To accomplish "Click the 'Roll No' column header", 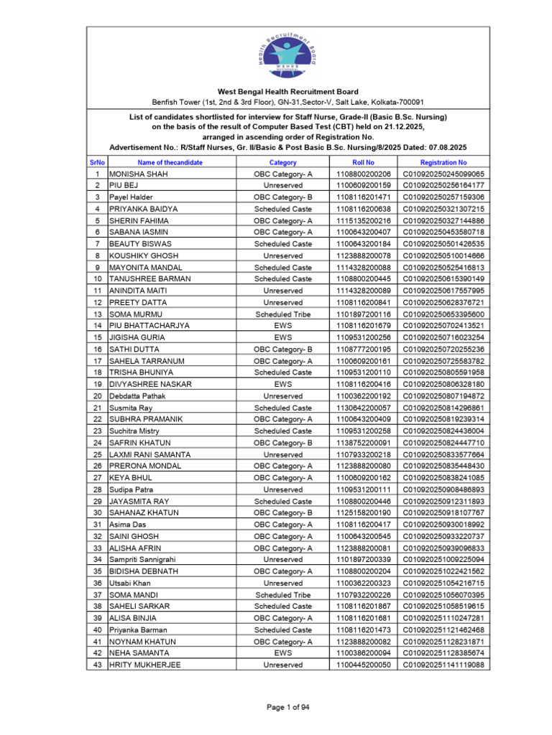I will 364,162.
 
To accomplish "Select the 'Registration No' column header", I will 443,162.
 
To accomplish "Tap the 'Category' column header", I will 282,162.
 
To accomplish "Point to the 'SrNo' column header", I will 97,162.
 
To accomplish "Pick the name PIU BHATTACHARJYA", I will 149,325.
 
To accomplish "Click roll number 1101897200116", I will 364,314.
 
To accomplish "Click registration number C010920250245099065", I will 443,174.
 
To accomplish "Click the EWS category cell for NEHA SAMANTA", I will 282,653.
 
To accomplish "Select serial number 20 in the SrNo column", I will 97,395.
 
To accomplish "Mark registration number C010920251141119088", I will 443,665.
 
